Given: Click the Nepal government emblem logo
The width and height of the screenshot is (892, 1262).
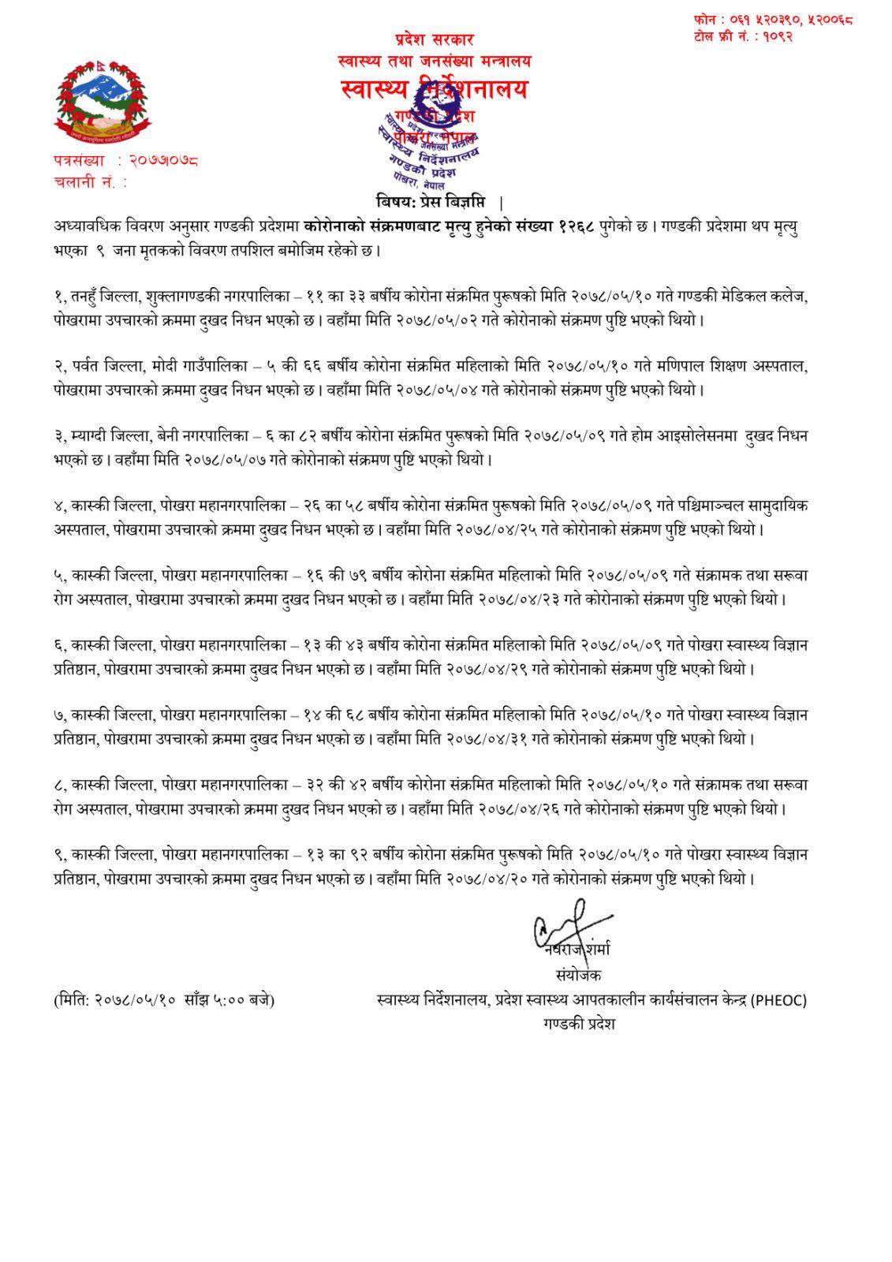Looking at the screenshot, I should click(x=90, y=101).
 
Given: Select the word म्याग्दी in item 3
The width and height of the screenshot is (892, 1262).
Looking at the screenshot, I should click(x=93, y=436).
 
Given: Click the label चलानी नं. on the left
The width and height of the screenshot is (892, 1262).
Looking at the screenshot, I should click(x=84, y=182).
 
